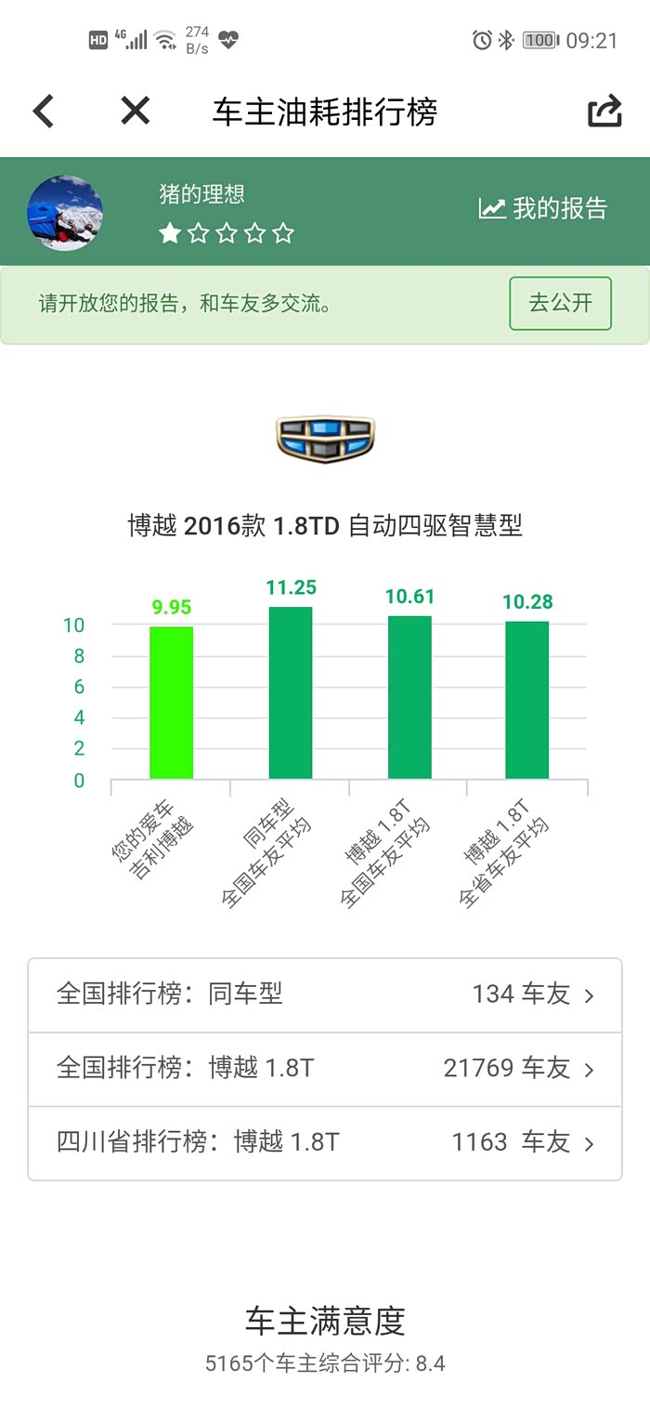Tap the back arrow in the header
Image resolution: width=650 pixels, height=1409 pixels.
tap(44, 112)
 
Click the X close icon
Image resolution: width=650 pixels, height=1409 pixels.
tap(135, 112)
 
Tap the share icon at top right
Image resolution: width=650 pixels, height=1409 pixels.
tap(604, 112)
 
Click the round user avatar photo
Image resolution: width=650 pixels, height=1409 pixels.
tap(65, 213)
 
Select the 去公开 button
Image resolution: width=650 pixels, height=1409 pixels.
tap(560, 303)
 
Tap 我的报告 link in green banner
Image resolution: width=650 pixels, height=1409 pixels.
tap(543, 208)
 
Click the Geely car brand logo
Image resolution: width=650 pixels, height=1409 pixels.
tap(325, 438)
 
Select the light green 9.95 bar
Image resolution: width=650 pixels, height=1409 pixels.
tap(172, 703)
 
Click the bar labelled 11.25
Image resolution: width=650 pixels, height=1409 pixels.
tap(291, 692)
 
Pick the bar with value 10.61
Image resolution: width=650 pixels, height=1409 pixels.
tap(409, 697)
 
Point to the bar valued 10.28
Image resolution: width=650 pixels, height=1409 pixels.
tap(526, 700)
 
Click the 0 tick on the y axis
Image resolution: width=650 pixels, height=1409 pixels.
tap(79, 781)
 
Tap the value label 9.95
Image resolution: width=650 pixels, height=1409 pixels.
tap(172, 608)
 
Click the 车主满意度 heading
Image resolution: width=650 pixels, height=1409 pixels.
tap(325, 1321)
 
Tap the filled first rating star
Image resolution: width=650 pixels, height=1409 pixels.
tap(170, 233)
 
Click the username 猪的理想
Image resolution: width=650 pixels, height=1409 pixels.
tap(201, 194)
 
